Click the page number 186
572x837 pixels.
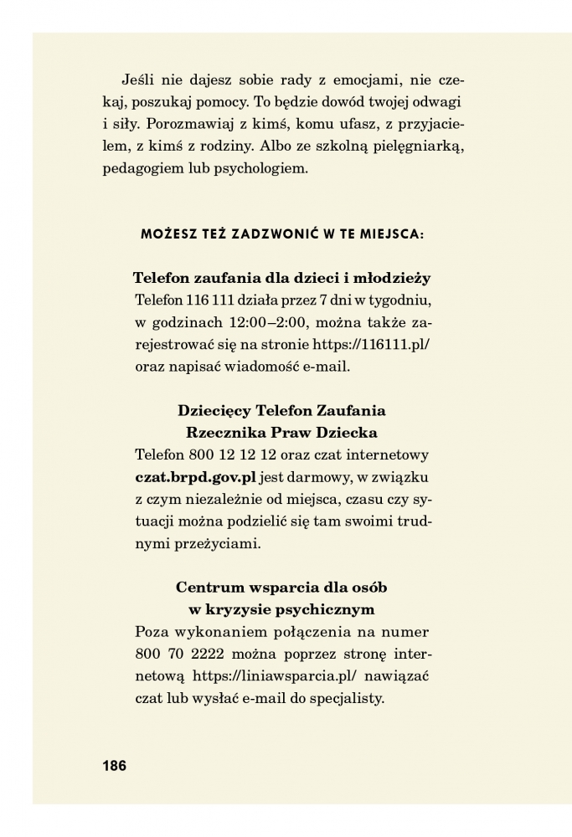pyautogui.click(x=114, y=765)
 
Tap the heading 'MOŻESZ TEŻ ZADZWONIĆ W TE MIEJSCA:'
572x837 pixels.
pyautogui.click(x=282, y=235)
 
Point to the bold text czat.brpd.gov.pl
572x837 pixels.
pyautogui.click(x=195, y=477)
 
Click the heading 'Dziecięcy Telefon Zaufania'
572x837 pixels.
pyautogui.click(x=281, y=411)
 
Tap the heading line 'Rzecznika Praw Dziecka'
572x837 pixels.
pyautogui.click(x=281, y=433)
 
